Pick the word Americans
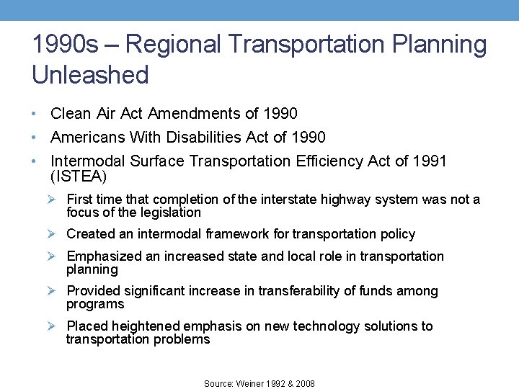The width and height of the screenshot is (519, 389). click(88, 137)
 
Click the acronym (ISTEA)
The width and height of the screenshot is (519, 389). click(79, 176)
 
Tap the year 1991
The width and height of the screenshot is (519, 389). click(430, 161)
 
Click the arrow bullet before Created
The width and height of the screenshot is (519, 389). click(53, 234)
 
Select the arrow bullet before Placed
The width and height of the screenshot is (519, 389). click(53, 326)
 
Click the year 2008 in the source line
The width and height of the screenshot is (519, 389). click(305, 384)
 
